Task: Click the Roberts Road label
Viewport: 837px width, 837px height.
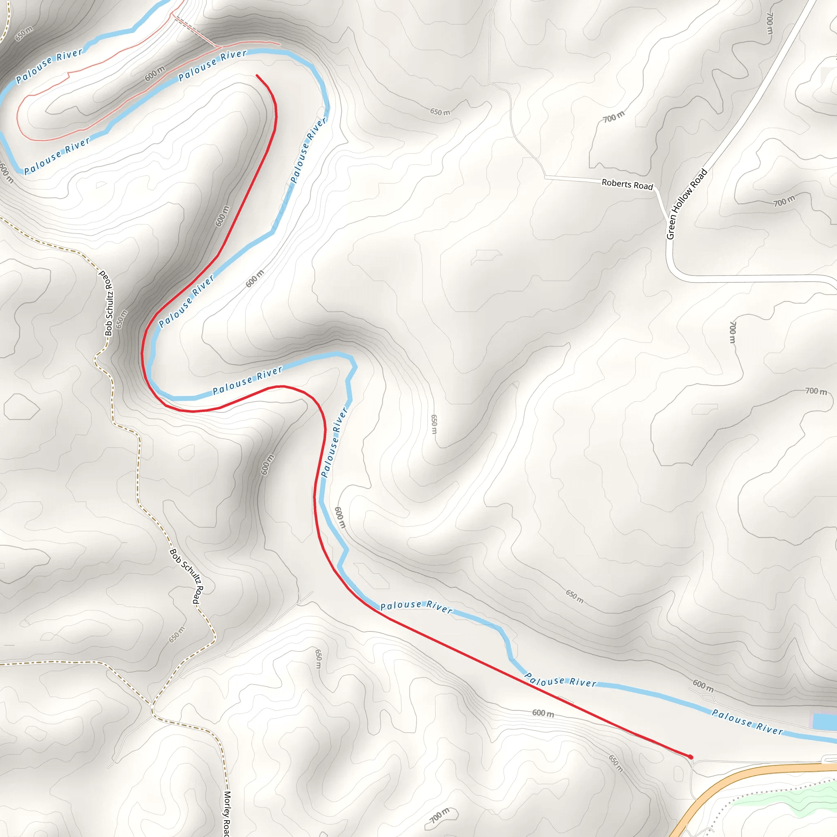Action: click(627, 184)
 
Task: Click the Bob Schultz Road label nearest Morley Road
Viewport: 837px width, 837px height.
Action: click(186, 576)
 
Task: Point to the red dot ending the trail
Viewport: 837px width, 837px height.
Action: click(691, 757)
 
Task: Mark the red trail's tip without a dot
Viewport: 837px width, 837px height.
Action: click(257, 76)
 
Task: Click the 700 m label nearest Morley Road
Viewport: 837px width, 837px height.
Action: click(439, 815)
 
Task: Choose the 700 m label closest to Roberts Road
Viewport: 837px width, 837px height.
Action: click(613, 116)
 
